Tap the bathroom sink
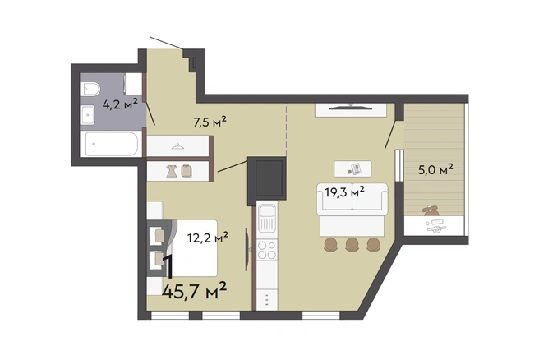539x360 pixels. [x=88, y=114]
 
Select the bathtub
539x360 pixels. [x=112, y=144]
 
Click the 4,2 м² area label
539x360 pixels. [x=120, y=104]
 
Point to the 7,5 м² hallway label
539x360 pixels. [x=210, y=122]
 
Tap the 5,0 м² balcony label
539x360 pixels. [x=435, y=169]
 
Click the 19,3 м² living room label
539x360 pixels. [x=345, y=192]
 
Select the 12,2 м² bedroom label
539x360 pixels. [x=208, y=238]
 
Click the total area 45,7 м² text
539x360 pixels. [x=194, y=291]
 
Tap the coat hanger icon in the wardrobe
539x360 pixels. [x=177, y=146]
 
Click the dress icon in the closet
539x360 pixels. [x=172, y=171]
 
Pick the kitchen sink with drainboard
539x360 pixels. [x=267, y=219]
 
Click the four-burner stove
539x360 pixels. [x=267, y=250]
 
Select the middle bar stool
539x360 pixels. [x=352, y=244]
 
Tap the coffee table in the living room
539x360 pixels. [x=352, y=168]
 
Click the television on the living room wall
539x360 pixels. [x=351, y=108]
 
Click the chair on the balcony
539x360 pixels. [x=431, y=210]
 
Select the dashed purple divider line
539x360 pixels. [x=286, y=130]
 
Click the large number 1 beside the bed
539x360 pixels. [x=168, y=266]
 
